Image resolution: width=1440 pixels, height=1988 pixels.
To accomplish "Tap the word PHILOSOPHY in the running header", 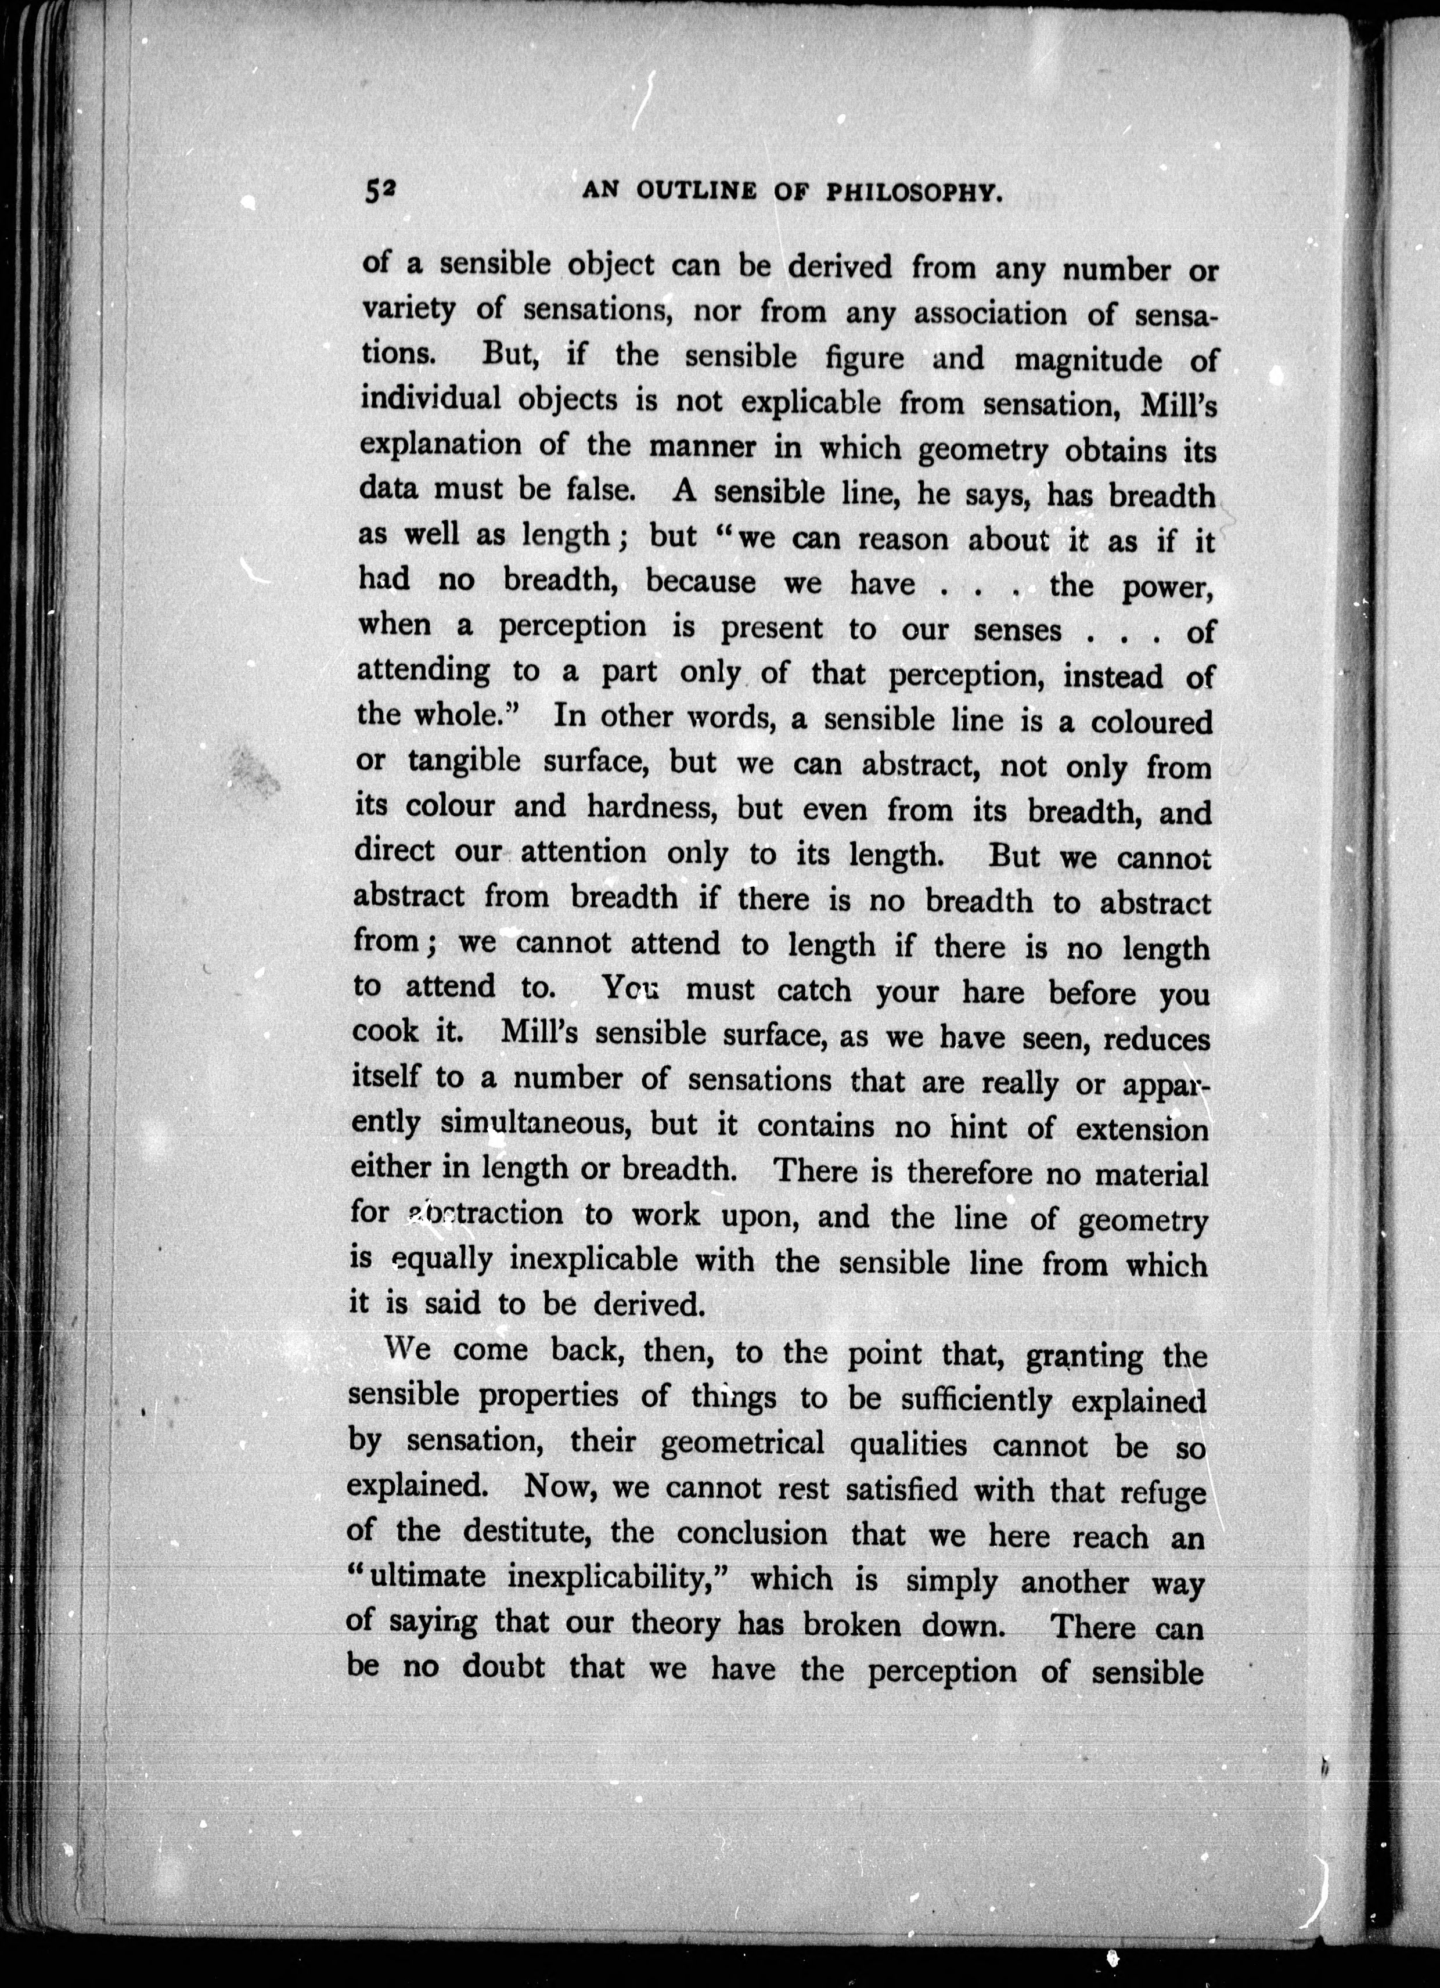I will (912, 193).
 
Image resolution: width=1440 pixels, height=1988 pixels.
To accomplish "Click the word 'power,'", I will (1168, 587).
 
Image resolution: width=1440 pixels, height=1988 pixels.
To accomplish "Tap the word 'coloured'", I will (1151, 723).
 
